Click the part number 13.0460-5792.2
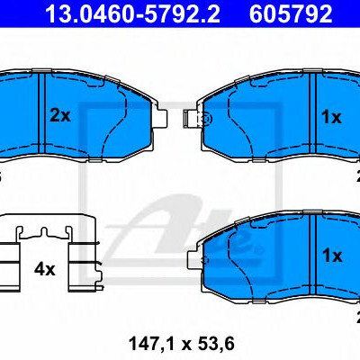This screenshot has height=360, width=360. coord(132,13)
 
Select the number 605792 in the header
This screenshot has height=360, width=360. coord(291,13)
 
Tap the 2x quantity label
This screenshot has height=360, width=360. coord(60,116)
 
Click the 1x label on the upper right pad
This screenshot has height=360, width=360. coord(331,117)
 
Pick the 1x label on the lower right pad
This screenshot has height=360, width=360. coord(332,256)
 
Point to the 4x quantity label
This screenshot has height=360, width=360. coord(45,269)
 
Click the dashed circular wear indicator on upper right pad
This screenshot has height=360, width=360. coord(207,120)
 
